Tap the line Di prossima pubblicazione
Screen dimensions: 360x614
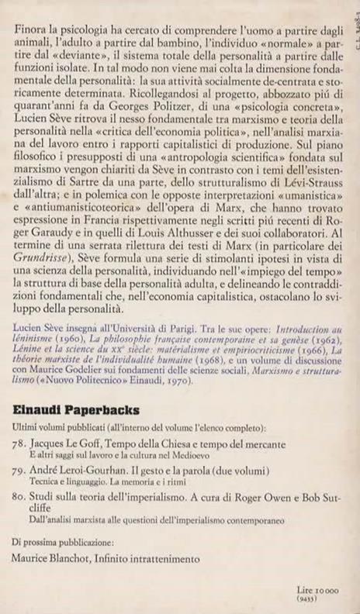(x=64, y=541)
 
